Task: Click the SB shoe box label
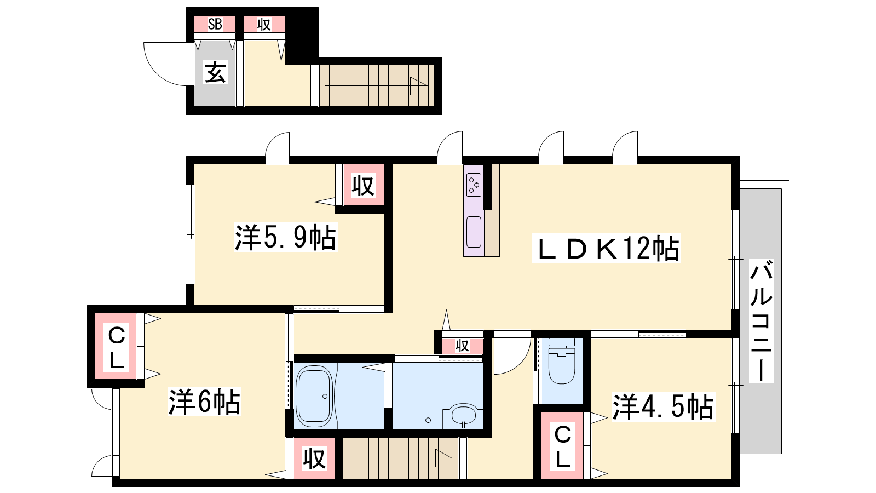215,24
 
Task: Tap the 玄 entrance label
215,73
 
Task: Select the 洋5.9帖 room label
285,237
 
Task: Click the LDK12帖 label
607,248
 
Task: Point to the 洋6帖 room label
204,402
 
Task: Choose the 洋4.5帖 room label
663,407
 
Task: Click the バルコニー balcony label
761,321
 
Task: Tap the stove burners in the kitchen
474,185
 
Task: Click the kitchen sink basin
474,232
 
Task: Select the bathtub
315,396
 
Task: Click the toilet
562,361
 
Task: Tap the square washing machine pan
419,411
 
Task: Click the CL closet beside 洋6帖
116,346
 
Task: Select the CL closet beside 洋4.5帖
562,446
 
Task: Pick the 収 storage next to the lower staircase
314,458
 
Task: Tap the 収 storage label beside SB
264,24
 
